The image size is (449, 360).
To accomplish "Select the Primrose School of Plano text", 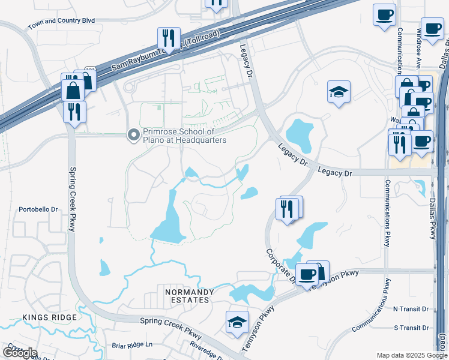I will coord(184,136).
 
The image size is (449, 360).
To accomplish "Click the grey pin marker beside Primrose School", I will coord(133,136).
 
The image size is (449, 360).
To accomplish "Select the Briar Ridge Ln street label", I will coord(133,345).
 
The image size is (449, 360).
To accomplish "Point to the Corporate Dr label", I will coord(280,265).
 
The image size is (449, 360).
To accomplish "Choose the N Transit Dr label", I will coord(411,309).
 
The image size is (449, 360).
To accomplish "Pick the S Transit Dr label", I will coord(411,328).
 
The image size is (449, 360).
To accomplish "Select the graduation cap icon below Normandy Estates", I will coord(237,322).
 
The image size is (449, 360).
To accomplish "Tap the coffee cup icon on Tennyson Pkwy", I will coord(307,274).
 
